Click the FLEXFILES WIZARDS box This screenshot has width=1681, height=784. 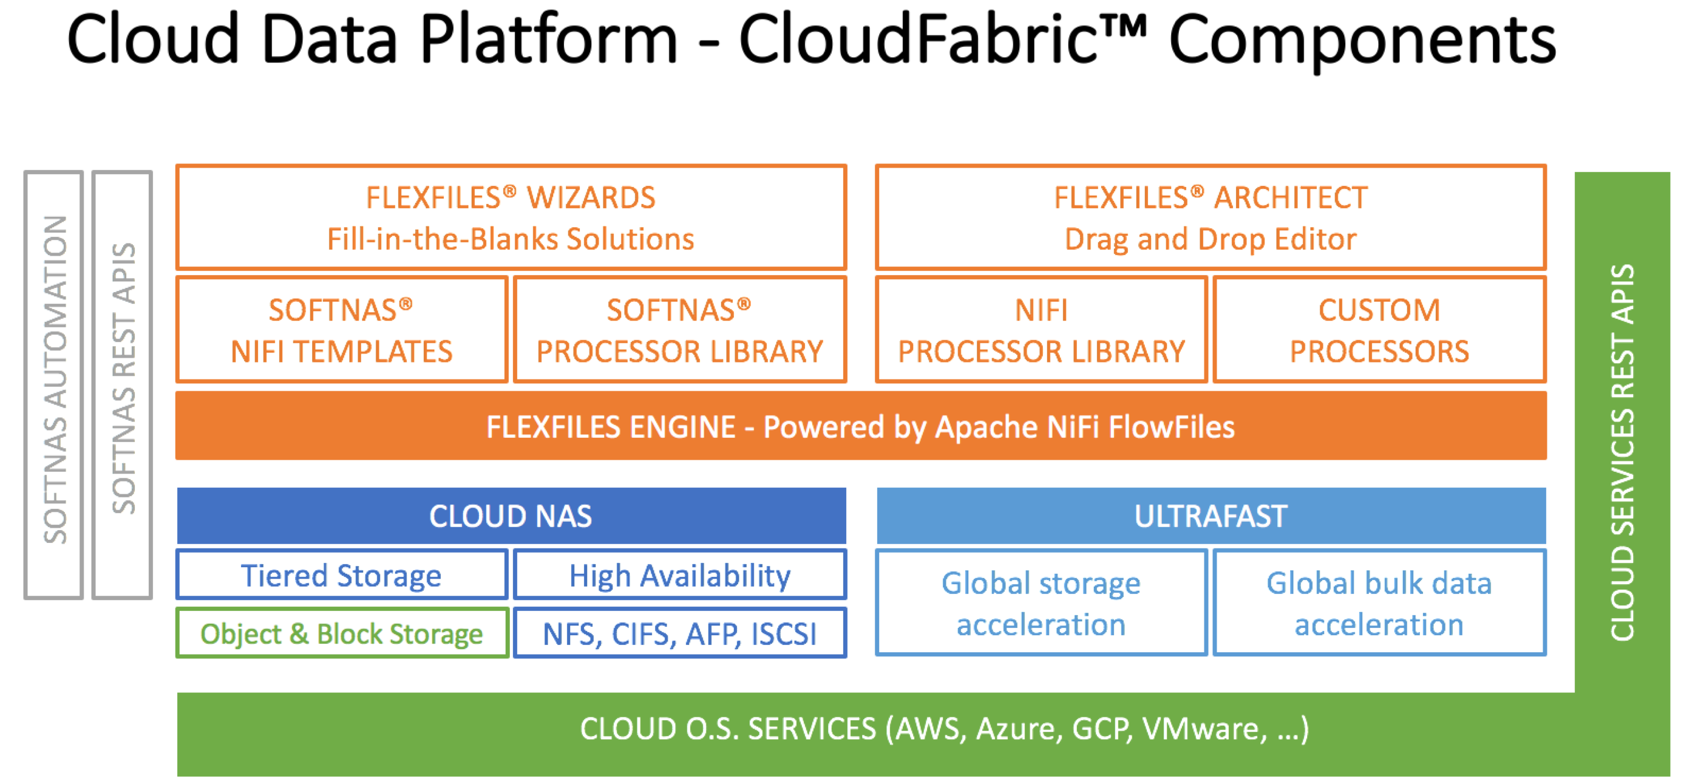(x=511, y=217)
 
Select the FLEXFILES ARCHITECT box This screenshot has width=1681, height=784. (x=1211, y=217)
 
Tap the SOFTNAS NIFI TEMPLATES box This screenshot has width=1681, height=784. (x=341, y=330)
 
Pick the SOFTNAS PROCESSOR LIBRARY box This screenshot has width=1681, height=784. (x=679, y=330)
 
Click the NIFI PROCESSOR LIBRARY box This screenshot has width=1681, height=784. (x=1041, y=330)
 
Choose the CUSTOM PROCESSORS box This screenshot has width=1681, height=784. (x=1379, y=330)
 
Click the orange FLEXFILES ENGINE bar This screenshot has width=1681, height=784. (x=860, y=426)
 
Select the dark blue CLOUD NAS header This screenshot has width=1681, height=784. (x=511, y=516)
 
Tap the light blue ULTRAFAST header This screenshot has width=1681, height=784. (x=1211, y=516)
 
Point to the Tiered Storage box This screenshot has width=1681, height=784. (x=341, y=575)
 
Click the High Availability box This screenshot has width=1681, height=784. (x=679, y=575)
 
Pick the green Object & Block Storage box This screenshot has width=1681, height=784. (x=341, y=633)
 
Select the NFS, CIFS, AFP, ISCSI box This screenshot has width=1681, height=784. (x=679, y=633)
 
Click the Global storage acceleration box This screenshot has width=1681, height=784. (x=1041, y=603)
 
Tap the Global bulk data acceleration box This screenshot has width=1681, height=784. (x=1379, y=603)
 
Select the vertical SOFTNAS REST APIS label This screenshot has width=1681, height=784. (x=123, y=378)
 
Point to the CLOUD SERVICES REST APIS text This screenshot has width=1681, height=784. (x=1622, y=452)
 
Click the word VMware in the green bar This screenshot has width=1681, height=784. (x=1204, y=729)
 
